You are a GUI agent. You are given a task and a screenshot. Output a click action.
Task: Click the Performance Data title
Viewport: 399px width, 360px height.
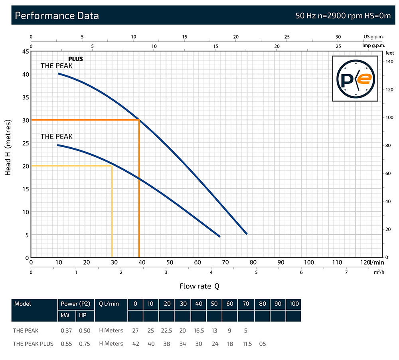[x=57, y=16]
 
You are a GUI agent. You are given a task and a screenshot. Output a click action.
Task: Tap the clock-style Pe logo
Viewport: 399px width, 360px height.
[x=355, y=79]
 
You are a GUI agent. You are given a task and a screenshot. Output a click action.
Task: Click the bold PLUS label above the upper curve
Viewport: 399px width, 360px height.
[x=75, y=59]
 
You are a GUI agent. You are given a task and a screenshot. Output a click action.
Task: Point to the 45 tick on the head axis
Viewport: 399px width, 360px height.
[x=25, y=51]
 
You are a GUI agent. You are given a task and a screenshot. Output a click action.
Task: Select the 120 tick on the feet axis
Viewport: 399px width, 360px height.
[x=389, y=90]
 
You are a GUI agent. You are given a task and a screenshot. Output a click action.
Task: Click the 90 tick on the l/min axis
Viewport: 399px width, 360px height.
[x=281, y=262]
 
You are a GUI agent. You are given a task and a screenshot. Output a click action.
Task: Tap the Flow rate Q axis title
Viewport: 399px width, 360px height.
[x=199, y=286]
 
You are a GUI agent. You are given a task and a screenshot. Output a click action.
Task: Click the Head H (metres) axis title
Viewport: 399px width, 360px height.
[x=8, y=148]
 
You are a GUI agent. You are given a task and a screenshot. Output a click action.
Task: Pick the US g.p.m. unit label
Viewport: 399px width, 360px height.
[x=373, y=37]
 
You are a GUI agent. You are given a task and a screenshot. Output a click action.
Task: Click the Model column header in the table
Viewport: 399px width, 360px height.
[x=23, y=304]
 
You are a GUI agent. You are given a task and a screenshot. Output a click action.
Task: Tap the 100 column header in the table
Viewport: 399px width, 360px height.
[x=294, y=304]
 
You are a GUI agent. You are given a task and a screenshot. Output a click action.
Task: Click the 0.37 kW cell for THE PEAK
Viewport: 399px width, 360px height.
[x=66, y=330]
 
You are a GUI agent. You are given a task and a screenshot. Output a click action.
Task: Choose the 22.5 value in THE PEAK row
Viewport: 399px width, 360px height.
[x=167, y=330]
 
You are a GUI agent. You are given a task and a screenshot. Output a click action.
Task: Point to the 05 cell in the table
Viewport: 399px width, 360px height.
[x=262, y=344]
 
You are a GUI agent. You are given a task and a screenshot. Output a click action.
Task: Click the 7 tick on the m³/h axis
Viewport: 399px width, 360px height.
[x=346, y=272]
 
